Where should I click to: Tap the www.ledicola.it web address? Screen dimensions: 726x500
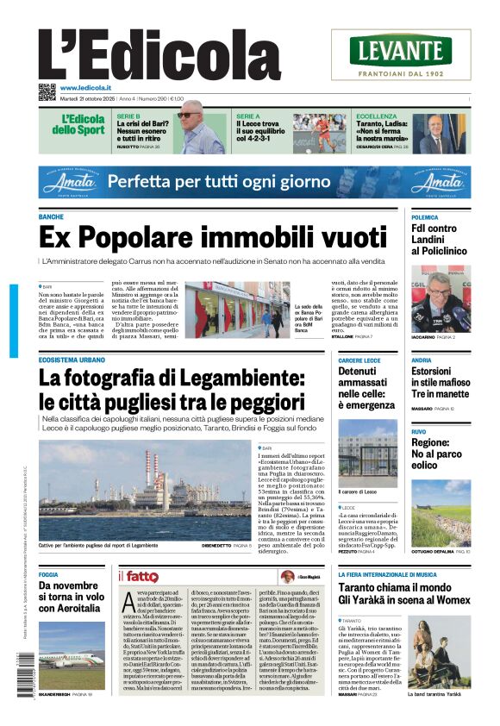click(89, 87)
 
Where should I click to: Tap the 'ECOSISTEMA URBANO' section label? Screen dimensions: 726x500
click(72, 360)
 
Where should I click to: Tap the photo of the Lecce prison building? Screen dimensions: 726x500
click(367, 454)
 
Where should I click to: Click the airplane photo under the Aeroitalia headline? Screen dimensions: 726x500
click(72, 648)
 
